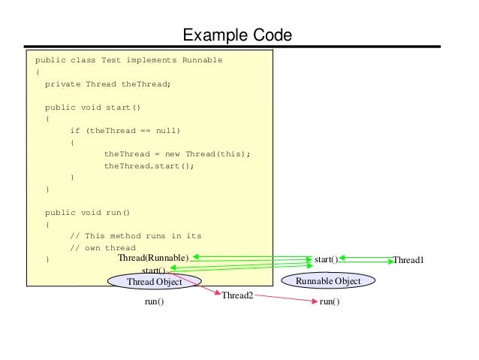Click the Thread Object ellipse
point(154,282)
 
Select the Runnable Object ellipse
point(328,281)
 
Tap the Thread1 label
point(408,260)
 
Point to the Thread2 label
point(237,296)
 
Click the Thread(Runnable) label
point(158,259)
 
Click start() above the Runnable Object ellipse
point(326,259)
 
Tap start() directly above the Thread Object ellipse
point(153,269)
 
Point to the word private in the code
point(62,84)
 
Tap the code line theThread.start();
point(149,165)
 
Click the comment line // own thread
point(103,247)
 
